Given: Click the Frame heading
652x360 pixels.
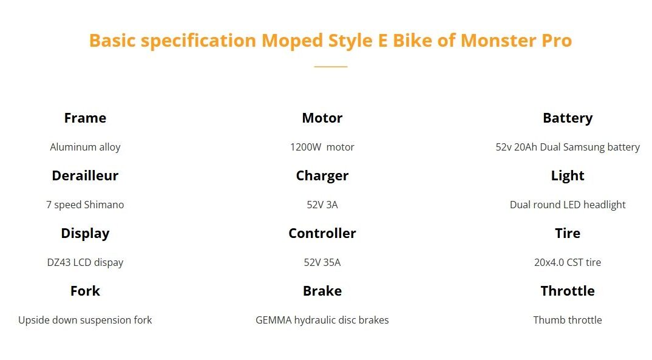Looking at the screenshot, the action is point(85,118).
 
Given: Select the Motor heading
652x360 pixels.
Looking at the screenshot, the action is point(322,118).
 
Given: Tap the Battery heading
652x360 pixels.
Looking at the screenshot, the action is point(568,118).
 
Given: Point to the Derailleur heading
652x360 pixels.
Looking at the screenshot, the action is point(85,176).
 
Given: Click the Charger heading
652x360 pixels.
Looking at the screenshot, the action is point(322,176).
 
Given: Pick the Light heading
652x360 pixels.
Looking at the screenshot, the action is point(568,176).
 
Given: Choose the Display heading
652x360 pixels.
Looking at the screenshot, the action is point(85,234).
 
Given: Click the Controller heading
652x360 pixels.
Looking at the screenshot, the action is point(322,234).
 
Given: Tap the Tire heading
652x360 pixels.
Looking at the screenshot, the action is point(568,234).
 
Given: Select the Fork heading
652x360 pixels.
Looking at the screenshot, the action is point(85,291).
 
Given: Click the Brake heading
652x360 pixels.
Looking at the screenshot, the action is point(322,291).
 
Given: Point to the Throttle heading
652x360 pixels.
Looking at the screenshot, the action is point(568,291).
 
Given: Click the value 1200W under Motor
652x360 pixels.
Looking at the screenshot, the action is point(305,147).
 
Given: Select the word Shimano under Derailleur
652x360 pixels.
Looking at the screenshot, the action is point(104,205).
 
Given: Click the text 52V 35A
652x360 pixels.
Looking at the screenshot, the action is point(322,263).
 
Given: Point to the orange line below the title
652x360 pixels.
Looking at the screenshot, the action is point(331,67).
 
